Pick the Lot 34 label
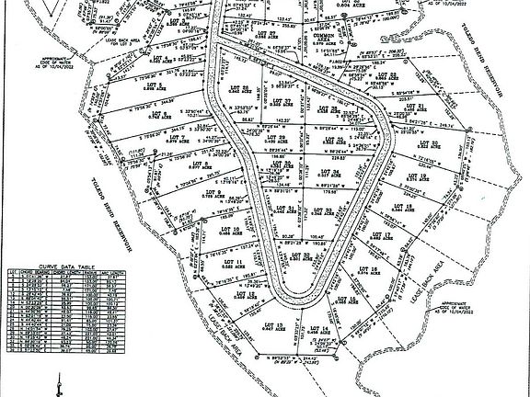point(337,172)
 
